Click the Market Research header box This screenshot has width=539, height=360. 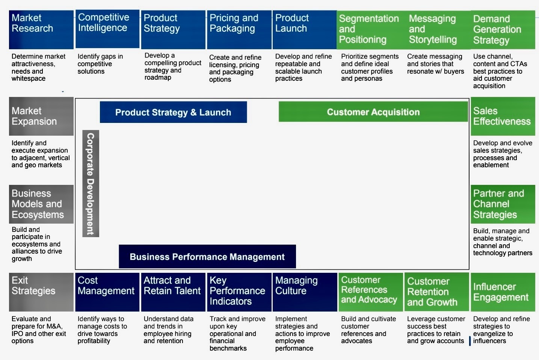click(41, 29)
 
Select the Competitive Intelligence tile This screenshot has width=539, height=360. click(107, 29)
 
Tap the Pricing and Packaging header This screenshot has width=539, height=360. click(239, 29)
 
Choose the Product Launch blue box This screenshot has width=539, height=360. click(304, 29)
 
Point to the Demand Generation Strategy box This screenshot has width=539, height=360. click(503, 29)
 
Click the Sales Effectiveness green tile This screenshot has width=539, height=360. click(503, 116)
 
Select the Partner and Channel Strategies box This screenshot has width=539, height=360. click(503, 204)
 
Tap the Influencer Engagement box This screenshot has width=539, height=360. click(503, 292)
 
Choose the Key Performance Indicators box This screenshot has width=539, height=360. click(239, 292)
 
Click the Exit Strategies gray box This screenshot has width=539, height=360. click(41, 292)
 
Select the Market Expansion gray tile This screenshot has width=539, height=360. click(41, 116)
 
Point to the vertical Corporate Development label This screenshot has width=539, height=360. click(91, 183)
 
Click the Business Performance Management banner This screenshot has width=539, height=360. click(207, 257)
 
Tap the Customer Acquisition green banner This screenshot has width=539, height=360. click(373, 112)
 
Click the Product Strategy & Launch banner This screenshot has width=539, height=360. click(173, 112)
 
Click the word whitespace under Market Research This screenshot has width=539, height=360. click(29, 79)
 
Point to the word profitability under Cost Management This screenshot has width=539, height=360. click(94, 341)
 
